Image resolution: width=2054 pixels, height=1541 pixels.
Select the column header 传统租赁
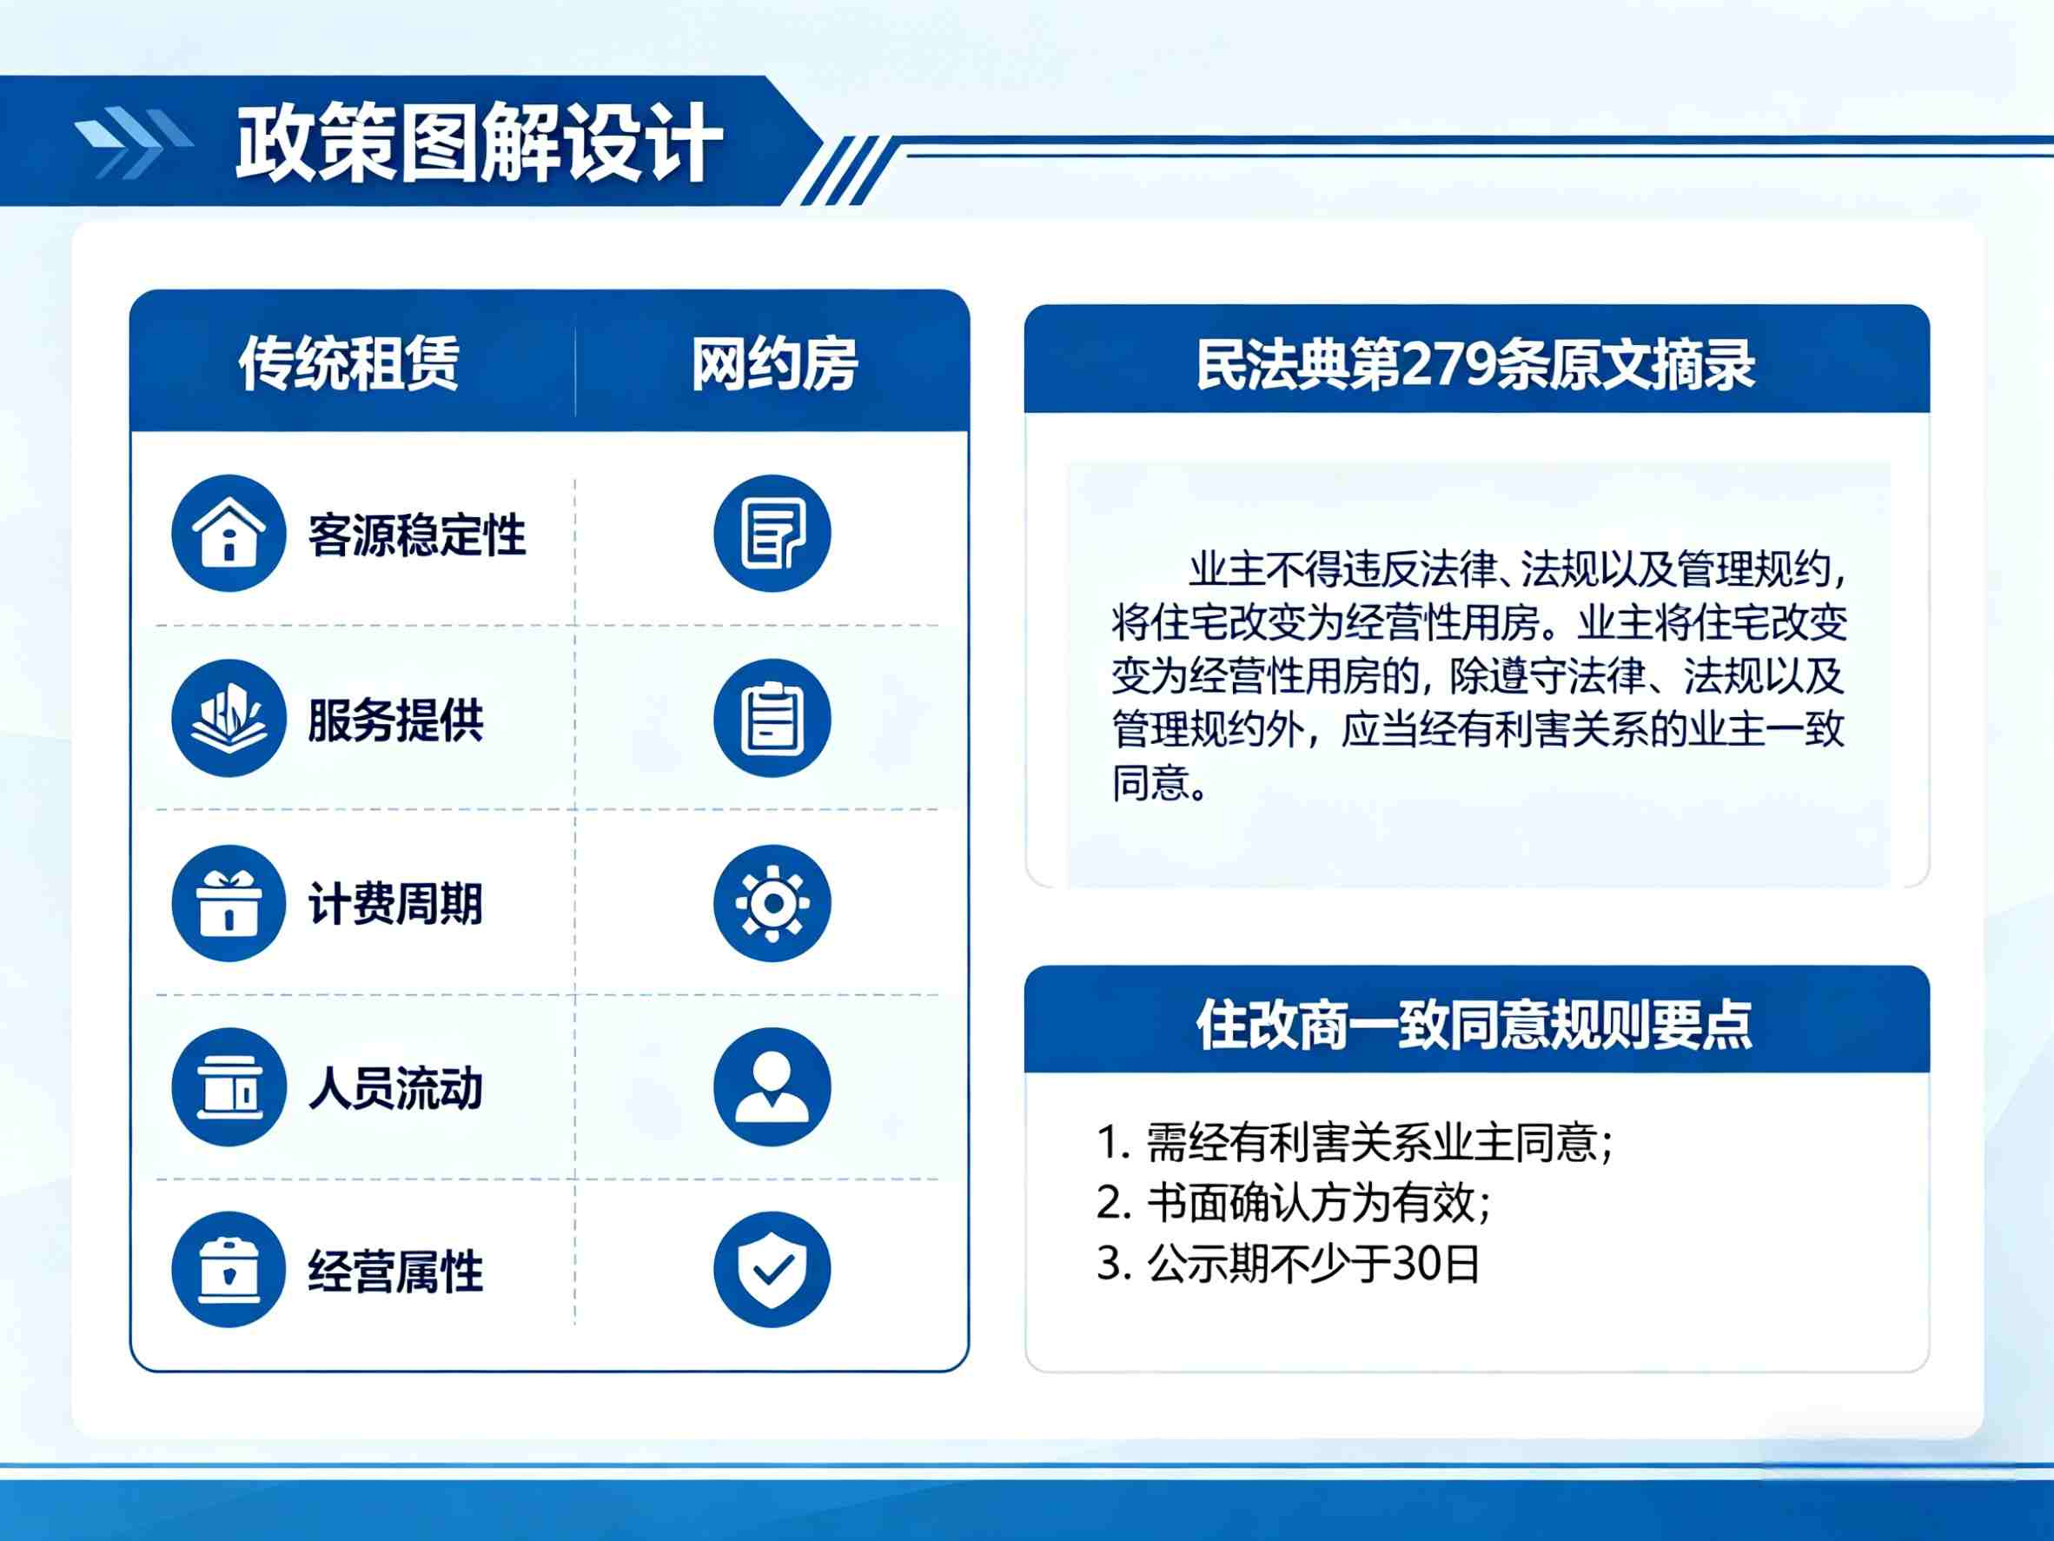[x=349, y=363]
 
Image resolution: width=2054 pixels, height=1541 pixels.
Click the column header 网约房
[x=774, y=364]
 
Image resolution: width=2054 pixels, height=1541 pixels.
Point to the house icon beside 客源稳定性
[x=229, y=533]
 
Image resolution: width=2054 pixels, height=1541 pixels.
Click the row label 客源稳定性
[x=417, y=535]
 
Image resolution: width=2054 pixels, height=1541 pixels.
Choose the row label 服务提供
[x=395, y=720]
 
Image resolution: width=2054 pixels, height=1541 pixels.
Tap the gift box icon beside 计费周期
[x=229, y=903]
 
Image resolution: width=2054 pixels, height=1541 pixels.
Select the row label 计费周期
[x=395, y=904]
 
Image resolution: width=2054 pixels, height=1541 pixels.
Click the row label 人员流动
[x=395, y=1087]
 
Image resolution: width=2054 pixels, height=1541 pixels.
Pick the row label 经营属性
[x=395, y=1272]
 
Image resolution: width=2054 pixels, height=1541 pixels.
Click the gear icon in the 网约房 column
[x=772, y=903]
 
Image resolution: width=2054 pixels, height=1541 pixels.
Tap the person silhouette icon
[x=772, y=1086]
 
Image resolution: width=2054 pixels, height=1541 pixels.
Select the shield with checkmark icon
[x=772, y=1270]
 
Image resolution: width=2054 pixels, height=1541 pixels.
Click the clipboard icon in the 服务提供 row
[x=772, y=718]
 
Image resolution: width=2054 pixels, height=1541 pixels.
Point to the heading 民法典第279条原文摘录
[x=1475, y=364]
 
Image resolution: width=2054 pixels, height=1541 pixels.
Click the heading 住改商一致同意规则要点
[x=1474, y=1025]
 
